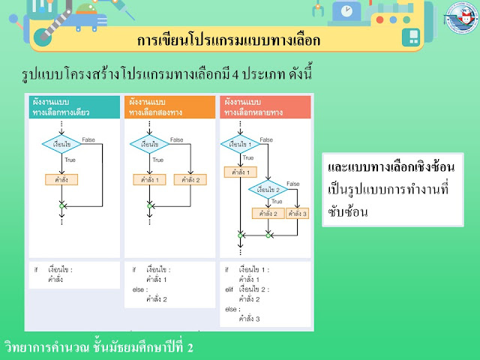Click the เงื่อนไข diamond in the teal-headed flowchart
(61, 143)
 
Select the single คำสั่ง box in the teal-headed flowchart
(61, 180)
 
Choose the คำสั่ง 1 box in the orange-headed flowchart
(150, 180)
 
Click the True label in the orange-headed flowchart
(157, 160)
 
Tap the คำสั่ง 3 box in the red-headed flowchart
(298, 214)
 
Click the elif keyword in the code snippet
(230, 289)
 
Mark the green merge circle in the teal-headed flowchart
(61, 205)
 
